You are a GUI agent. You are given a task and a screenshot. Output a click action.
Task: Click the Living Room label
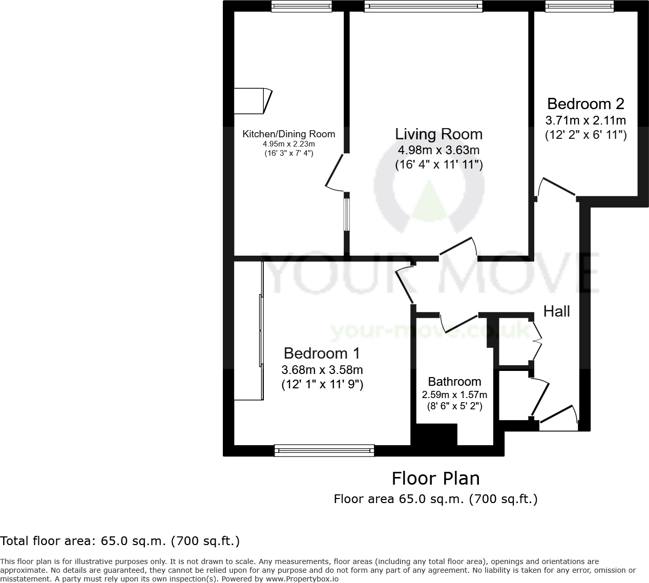438,134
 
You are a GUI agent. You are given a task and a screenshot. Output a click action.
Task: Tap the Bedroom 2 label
585,104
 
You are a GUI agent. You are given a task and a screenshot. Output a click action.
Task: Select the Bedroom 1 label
322,353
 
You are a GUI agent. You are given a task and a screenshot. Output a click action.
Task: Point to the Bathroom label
454,382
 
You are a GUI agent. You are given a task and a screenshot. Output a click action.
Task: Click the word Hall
556,311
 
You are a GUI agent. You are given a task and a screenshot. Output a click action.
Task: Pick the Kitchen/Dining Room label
288,134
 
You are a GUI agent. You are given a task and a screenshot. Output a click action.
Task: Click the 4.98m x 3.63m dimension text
438,150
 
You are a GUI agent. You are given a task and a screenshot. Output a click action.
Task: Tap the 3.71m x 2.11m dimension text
585,121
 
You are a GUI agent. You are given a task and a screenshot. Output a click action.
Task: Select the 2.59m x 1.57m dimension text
454,395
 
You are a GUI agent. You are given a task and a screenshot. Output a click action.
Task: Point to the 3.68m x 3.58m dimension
322,370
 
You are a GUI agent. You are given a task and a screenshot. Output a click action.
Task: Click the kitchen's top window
302,6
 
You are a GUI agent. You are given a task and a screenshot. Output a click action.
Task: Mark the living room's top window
423,6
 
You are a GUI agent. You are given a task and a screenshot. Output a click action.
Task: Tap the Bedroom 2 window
579,6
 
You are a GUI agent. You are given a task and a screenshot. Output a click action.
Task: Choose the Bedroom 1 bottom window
324,451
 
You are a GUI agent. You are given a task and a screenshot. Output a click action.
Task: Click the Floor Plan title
435,478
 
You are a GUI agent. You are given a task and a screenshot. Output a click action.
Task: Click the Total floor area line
120,541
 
